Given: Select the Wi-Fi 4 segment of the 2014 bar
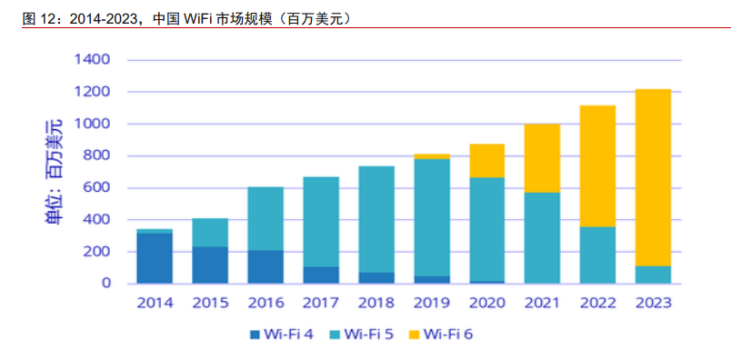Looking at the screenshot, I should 155,258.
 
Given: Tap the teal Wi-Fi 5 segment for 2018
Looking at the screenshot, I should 376,219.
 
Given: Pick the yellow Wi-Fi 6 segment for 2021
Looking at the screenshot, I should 542,158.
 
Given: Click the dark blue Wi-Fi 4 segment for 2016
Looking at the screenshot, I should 265,266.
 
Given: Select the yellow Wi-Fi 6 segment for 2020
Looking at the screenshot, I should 486,160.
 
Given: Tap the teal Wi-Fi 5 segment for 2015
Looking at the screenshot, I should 210,233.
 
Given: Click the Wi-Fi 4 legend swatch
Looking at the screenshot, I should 255,334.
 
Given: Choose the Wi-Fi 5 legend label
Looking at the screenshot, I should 369,334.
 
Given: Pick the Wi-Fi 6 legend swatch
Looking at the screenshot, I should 414,334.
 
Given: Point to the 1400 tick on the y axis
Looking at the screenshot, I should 92,60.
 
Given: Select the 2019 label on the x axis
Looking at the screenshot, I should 432,303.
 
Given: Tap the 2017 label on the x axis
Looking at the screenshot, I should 321,303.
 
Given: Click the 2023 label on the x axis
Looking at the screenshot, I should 653,303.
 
